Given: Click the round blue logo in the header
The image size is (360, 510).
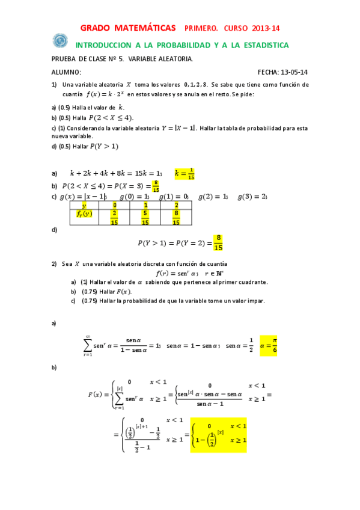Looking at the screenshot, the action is (x=60, y=40).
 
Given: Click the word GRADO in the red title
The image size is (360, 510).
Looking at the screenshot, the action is (x=99, y=28).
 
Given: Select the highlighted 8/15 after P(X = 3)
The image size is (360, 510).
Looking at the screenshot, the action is (x=156, y=186).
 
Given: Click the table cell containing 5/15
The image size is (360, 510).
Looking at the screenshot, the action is (x=145, y=218).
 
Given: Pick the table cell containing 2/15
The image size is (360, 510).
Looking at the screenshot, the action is (x=114, y=218).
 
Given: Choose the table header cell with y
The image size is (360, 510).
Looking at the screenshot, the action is (x=84, y=205).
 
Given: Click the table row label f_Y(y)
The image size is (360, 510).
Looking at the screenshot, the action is (x=84, y=214).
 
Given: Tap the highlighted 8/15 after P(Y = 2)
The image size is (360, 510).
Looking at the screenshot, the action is (x=219, y=243).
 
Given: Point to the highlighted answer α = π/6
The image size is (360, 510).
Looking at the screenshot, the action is (x=269, y=345).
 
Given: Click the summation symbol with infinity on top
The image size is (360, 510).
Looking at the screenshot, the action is (x=88, y=346).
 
